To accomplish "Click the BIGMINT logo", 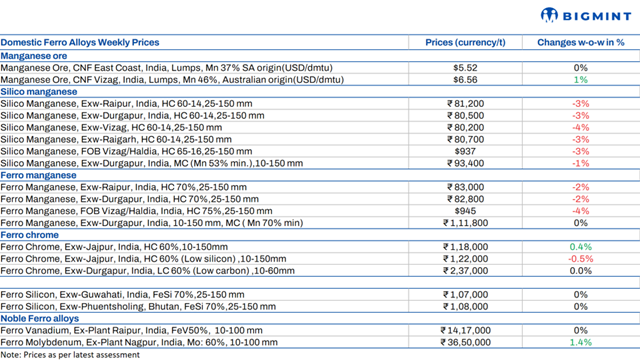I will pos(588,15).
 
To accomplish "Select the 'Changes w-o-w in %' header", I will pos(580,43).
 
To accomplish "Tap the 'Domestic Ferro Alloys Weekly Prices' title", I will pos(80,43).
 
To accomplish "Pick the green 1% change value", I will pos(580,79).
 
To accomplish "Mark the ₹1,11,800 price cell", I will pos(462,223).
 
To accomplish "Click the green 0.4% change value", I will pos(580,247).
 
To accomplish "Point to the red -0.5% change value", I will pos(580,259).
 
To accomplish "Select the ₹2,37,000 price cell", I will pos(462,271).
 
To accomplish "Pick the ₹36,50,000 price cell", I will pos(463,343).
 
